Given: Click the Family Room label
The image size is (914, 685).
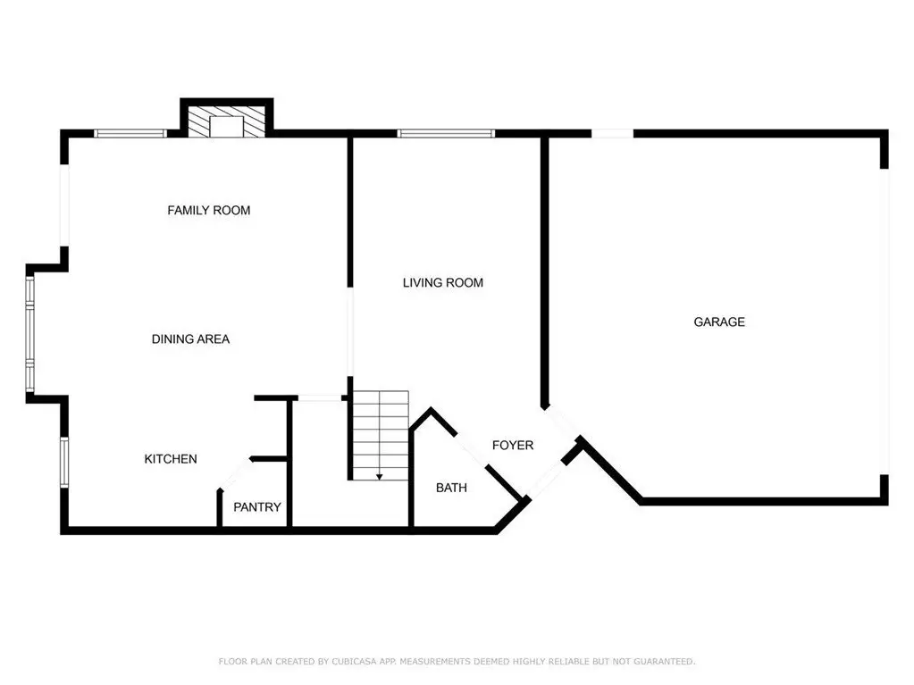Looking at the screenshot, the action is (x=209, y=210).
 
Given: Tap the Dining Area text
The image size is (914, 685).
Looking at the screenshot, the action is (x=190, y=339).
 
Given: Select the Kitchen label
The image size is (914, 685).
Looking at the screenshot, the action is (x=171, y=459).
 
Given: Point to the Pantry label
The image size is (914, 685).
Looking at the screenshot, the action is (x=257, y=507).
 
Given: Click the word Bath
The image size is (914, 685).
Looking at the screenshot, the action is (x=452, y=488).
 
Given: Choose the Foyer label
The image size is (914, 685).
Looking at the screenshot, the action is (x=513, y=445).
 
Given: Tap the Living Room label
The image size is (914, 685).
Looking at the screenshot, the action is (x=443, y=282).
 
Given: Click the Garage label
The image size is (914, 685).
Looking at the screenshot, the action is (x=719, y=322).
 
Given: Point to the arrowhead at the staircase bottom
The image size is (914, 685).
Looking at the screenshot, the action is (x=380, y=477).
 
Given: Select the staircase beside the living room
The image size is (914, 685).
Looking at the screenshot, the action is (x=381, y=436).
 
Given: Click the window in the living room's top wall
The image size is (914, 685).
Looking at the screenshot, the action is (x=446, y=133).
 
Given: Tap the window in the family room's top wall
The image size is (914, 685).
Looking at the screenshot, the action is (x=130, y=133).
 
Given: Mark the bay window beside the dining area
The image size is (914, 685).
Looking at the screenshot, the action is (x=30, y=333).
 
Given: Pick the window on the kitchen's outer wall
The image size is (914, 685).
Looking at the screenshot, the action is (x=64, y=462).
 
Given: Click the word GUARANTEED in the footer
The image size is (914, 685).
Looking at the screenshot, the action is (x=665, y=661).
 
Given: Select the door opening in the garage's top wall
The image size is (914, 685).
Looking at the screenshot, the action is (x=612, y=133).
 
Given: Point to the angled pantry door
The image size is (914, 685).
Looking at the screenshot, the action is (x=235, y=473).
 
